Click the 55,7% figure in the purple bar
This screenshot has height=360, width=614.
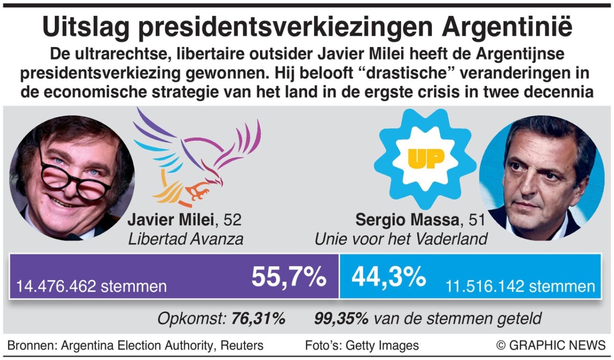tap(289, 278)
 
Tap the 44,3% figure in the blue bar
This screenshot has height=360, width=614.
tap(388, 278)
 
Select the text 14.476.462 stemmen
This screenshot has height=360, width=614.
tap(92, 286)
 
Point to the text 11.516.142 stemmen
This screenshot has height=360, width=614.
tap(520, 286)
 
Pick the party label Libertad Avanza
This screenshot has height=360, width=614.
tap(185, 239)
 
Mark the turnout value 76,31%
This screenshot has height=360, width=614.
tap(257, 319)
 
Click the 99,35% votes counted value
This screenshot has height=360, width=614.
tap(341, 319)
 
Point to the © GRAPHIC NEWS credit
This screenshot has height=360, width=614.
tap(551, 345)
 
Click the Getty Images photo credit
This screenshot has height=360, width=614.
tap(382, 345)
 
